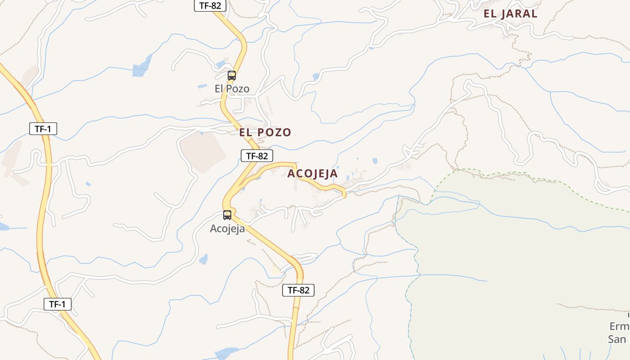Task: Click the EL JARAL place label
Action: point(510,13)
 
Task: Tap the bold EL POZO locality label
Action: point(265,132)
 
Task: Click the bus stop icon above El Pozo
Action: point(232,76)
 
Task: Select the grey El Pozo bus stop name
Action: point(232,89)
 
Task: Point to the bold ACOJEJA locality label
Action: point(312,173)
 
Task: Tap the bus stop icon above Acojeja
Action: point(227,215)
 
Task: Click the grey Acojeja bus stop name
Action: point(227,229)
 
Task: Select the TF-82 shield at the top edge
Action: point(210,6)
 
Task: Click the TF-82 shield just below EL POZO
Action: point(257,156)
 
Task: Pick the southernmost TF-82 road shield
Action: point(298,290)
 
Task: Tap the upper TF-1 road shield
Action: point(43,129)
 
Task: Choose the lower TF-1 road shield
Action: point(58,304)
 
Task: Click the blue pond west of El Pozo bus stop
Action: point(142,67)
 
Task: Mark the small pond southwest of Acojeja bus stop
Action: point(203,259)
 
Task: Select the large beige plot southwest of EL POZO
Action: point(202,151)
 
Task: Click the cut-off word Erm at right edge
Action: point(619,326)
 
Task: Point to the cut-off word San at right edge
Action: point(617,339)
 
